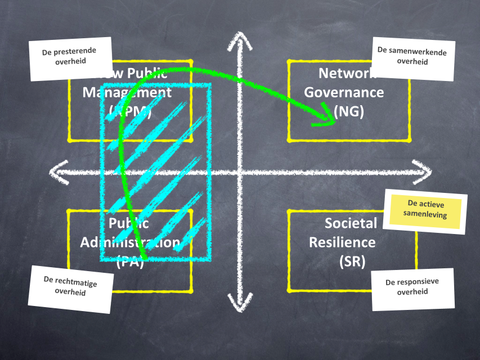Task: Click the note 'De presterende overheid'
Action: [69, 56]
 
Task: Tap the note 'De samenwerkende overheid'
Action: [412, 57]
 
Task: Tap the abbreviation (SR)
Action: [352, 262]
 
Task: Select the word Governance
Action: [344, 92]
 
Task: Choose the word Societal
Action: [351, 223]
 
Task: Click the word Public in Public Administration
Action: [129, 223]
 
